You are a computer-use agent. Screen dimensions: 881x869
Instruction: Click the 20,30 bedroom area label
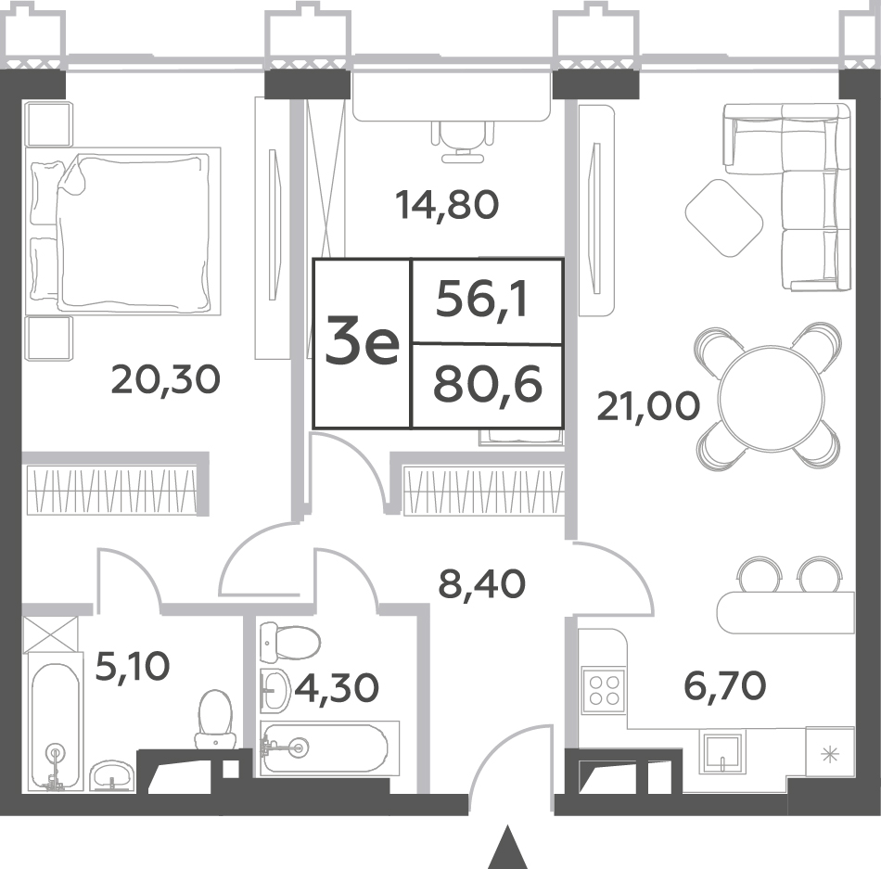pos(166,379)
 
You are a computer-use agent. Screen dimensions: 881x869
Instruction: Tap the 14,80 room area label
pos(447,205)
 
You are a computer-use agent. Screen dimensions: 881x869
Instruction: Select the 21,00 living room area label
pos(648,406)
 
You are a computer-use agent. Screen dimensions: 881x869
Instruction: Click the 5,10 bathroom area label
pos(133,667)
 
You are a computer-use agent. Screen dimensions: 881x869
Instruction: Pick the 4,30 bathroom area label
pos(336,686)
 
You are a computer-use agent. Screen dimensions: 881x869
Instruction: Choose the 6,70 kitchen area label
pos(724,684)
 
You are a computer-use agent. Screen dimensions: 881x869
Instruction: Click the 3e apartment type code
pos(363,343)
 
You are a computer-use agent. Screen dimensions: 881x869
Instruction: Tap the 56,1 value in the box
pos(482,301)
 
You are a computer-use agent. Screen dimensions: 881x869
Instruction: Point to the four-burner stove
pos(604,690)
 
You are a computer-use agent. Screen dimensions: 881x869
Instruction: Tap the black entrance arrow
pos(507,847)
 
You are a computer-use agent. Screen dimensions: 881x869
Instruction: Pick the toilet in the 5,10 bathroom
pos(215,719)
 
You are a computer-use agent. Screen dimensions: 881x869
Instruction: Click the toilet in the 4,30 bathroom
pos(290,642)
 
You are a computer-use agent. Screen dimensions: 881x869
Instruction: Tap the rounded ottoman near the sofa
pos(723,218)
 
